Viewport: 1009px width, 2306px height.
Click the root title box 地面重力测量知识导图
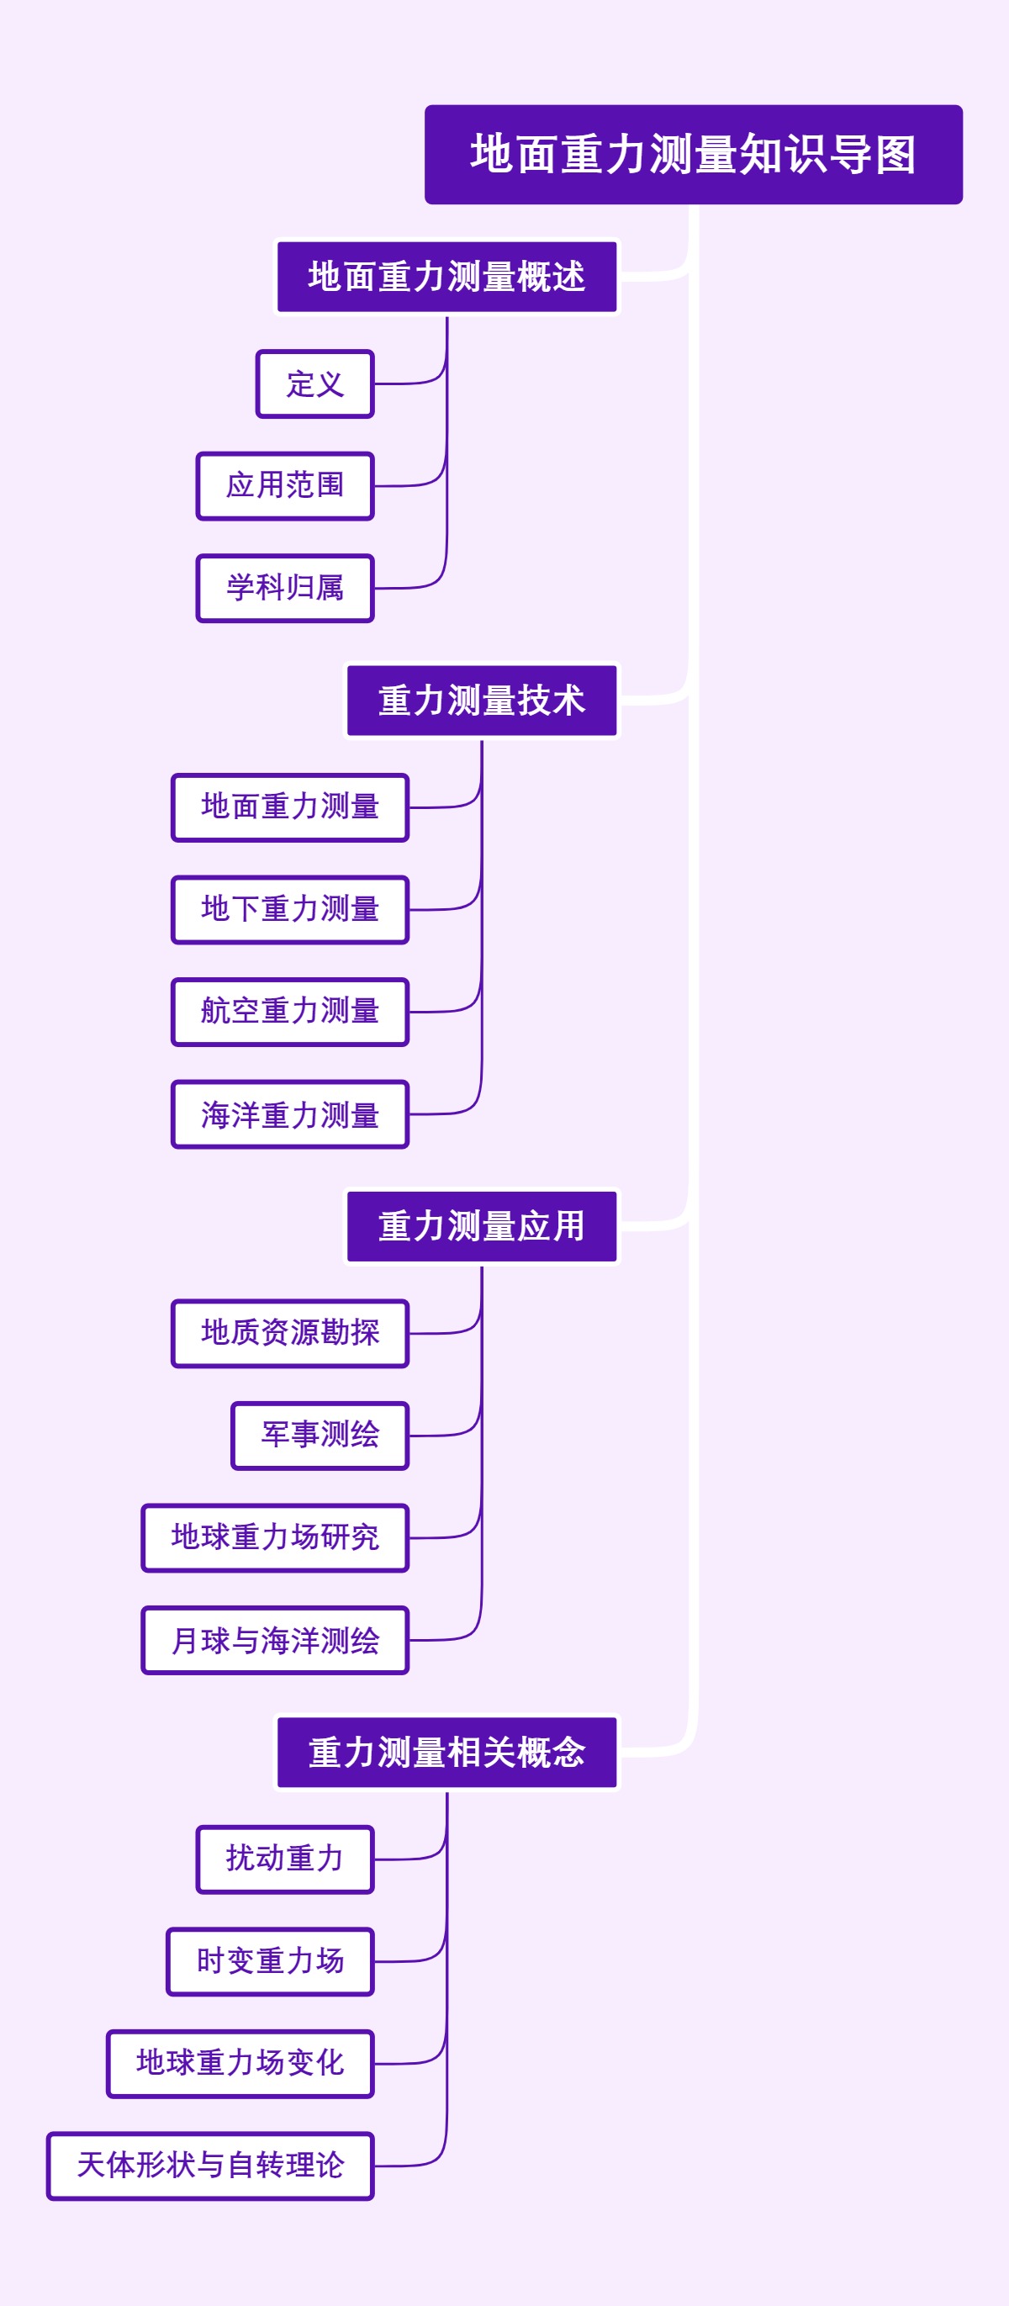[x=693, y=154]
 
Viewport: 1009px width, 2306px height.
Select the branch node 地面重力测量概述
[x=446, y=277]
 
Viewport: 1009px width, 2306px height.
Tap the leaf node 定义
[x=314, y=384]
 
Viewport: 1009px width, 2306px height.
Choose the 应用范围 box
[x=285, y=486]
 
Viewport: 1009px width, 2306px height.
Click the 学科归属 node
[x=285, y=588]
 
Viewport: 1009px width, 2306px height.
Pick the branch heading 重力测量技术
[x=482, y=700]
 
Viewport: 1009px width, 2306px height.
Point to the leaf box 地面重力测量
[x=290, y=807]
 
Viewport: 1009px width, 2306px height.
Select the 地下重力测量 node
[x=290, y=909]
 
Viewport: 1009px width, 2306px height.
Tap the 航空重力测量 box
[x=290, y=1012]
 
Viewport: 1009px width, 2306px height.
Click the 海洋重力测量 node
[x=290, y=1114]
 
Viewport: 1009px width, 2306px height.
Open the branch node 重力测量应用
[x=482, y=1225]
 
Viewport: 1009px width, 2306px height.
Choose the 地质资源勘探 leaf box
[x=290, y=1333]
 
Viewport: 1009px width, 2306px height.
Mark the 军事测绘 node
[x=320, y=1435]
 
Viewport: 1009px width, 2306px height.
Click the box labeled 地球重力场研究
[x=275, y=1537]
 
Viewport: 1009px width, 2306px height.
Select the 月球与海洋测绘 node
[x=275, y=1640]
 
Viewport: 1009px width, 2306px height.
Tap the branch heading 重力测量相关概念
[x=446, y=1752]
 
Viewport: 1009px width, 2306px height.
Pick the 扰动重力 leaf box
[x=285, y=1859]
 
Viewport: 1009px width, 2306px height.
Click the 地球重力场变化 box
[x=240, y=2064]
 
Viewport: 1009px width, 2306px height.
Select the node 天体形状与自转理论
[x=210, y=2166]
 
